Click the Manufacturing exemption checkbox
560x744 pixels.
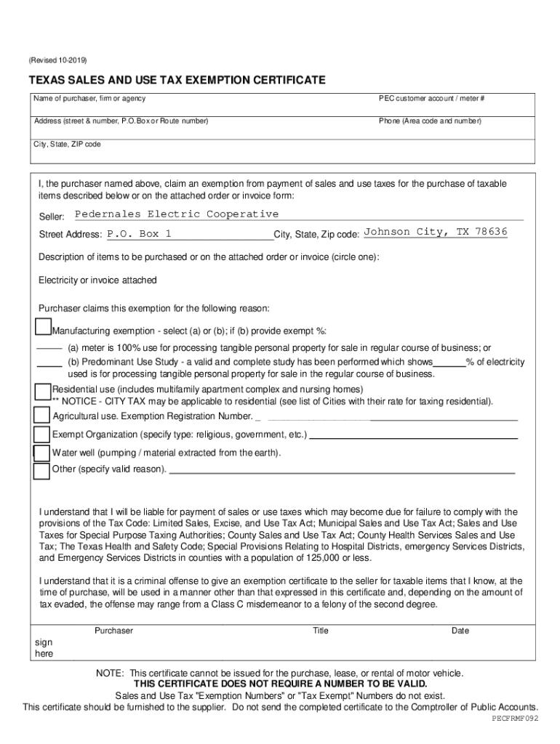[44, 326]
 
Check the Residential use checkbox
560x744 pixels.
[43, 392]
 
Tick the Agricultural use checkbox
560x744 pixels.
[42, 416]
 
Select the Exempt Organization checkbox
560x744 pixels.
[42, 434]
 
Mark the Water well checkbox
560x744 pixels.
[42, 453]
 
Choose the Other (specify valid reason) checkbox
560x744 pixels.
[42, 471]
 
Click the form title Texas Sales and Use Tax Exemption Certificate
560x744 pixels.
[177, 80]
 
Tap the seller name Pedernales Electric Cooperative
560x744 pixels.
[177, 214]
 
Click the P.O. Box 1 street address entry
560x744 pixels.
[140, 234]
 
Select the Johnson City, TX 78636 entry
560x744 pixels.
[435, 232]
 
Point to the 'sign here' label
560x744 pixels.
[44, 648]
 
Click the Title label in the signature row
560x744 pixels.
[321, 631]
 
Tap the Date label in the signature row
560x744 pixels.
[460, 631]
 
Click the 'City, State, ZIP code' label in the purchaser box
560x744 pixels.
[67, 144]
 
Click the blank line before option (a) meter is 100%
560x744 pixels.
[49, 349]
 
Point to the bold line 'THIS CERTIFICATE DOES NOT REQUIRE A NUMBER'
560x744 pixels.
[281, 684]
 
